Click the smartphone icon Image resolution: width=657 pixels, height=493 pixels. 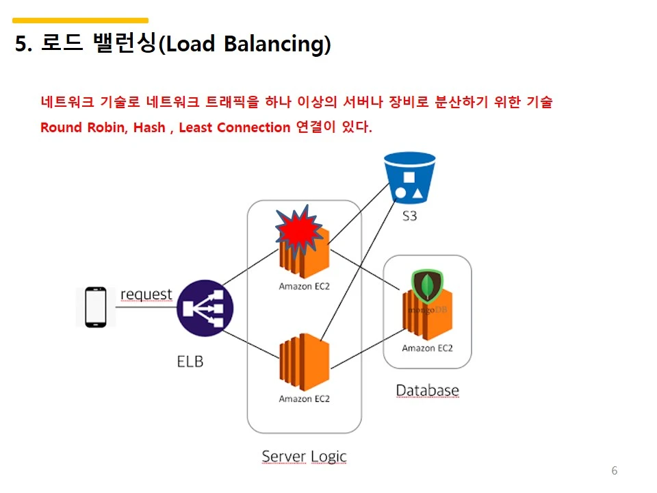coord(95,307)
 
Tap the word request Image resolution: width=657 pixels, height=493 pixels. coord(146,294)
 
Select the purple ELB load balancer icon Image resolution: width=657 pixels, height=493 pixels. coord(205,307)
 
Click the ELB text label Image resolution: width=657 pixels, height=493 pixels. coord(190,361)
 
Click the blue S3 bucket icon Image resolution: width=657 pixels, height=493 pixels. coord(409,177)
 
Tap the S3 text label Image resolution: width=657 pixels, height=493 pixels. coord(409,217)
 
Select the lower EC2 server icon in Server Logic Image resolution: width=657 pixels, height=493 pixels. coord(305,362)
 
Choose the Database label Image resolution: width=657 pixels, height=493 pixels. coord(427,390)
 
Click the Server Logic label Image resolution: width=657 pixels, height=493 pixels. coord(304,456)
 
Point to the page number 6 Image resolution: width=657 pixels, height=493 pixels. coord(614,470)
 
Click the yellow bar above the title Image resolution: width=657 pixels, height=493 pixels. coord(81,21)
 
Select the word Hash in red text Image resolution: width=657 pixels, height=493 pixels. coord(149,127)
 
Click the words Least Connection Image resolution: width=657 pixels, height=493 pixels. coord(234,127)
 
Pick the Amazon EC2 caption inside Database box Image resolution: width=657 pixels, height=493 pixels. coord(427,349)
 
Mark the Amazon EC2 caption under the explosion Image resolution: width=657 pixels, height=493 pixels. coord(304,286)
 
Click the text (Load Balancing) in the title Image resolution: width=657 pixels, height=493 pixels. coord(244,45)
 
